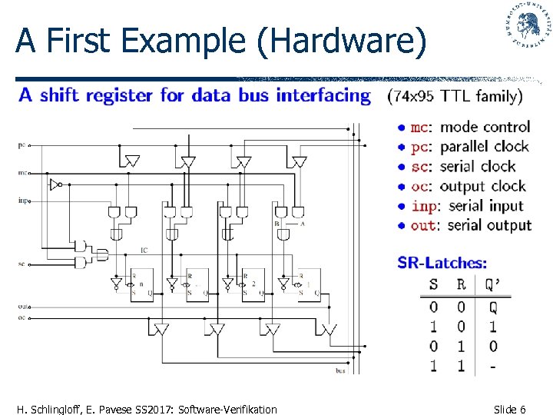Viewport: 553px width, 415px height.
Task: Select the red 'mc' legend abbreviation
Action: coord(419,127)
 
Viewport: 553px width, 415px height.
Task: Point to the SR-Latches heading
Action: coord(442,263)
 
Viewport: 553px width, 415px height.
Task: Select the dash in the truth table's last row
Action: coord(492,366)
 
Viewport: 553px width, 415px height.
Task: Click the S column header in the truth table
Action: coord(433,284)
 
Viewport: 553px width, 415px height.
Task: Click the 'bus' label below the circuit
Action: coord(339,371)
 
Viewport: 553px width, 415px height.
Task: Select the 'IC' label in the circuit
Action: coord(144,250)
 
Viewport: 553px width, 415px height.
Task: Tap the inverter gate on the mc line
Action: coord(53,184)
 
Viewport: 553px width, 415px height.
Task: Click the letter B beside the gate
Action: coord(276,224)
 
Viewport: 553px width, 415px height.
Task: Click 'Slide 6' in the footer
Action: coord(509,409)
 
